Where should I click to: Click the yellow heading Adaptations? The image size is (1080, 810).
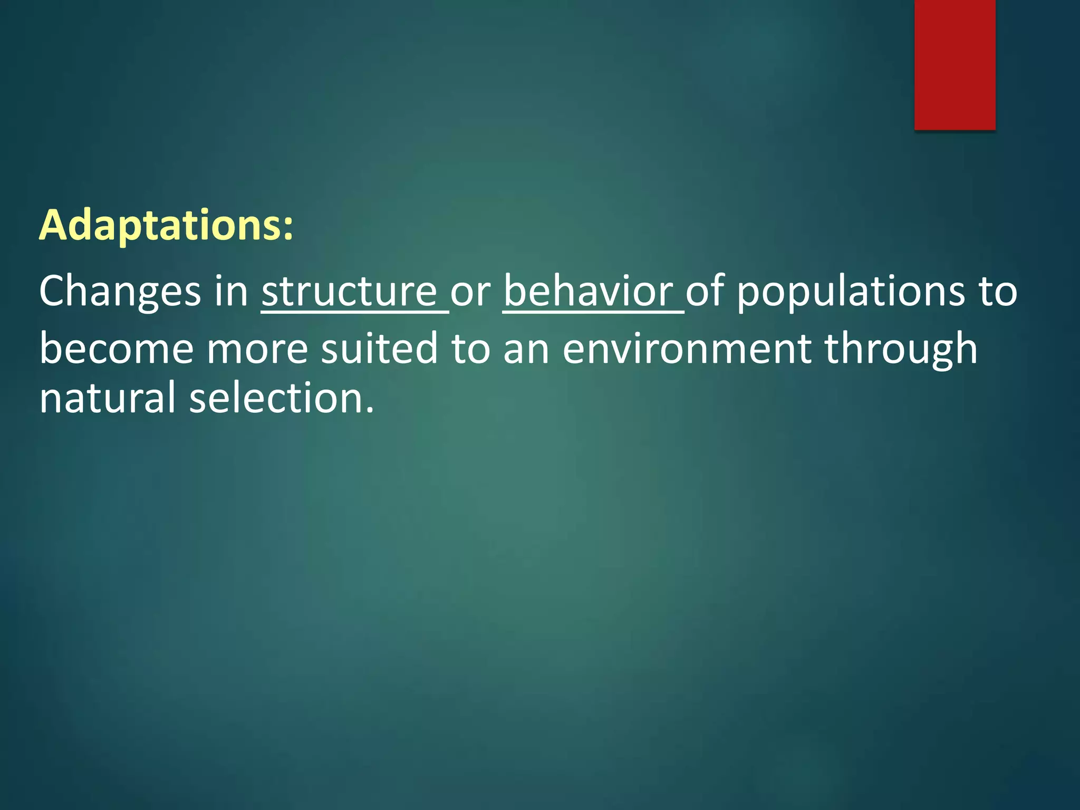(166, 226)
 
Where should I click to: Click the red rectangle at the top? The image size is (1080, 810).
(954, 64)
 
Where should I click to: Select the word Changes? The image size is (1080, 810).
(120, 292)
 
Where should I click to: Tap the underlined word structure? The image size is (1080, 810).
(349, 292)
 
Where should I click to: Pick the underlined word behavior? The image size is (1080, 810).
(588, 292)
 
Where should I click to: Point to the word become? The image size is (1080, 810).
(117, 349)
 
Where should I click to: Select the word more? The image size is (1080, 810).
(257, 349)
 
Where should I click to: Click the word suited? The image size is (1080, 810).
(379, 349)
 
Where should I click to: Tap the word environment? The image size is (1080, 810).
(687, 349)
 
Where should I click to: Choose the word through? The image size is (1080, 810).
(901, 349)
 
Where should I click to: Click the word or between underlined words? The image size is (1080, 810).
(470, 292)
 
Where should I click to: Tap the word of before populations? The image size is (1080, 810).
(705, 292)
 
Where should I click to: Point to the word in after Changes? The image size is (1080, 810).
(231, 292)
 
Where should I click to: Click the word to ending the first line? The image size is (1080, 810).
(998, 292)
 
